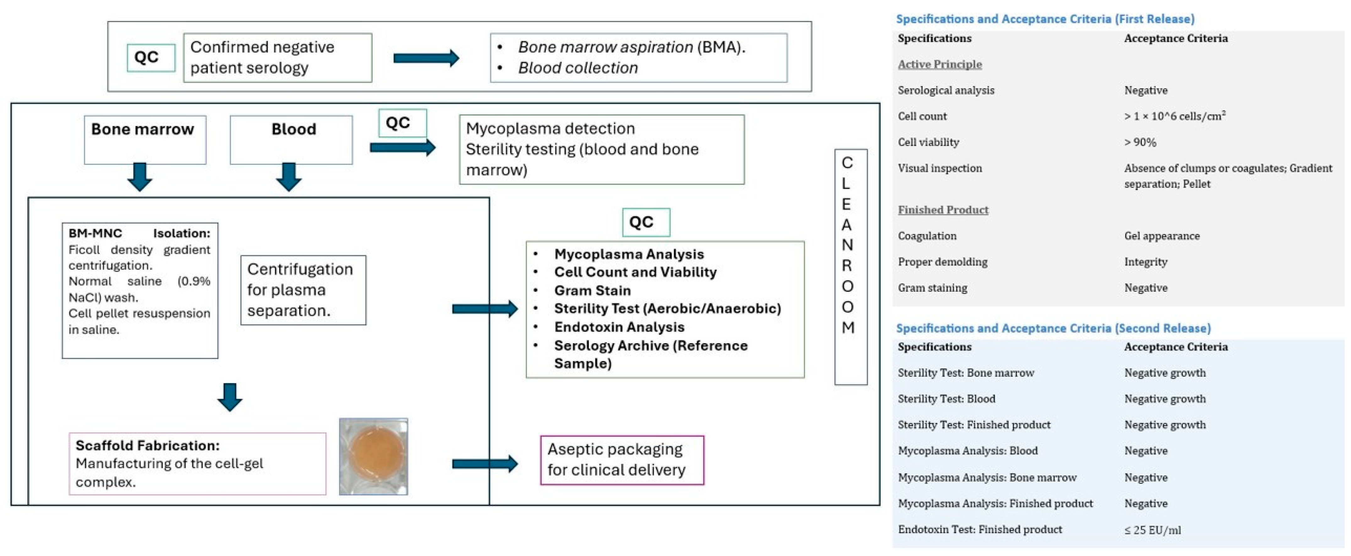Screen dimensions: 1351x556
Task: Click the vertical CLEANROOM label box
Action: point(851,267)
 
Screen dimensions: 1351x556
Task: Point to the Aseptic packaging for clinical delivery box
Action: point(622,460)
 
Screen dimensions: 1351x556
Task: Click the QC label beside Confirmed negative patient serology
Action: point(151,57)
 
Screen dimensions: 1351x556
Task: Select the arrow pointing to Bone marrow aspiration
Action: point(426,58)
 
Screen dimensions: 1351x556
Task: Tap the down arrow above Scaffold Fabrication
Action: point(230,397)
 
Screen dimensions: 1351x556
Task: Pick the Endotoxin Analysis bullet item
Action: point(619,327)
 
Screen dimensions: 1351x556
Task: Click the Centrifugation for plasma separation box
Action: point(303,290)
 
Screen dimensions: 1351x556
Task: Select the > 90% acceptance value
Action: point(1140,142)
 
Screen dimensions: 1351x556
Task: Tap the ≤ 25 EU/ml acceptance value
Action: point(1152,530)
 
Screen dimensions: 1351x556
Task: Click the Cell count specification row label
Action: point(922,116)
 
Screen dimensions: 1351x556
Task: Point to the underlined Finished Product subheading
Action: point(943,210)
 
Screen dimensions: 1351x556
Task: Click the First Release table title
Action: point(1045,19)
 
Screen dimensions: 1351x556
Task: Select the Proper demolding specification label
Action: point(943,262)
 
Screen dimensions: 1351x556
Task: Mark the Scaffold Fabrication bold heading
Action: point(147,445)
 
